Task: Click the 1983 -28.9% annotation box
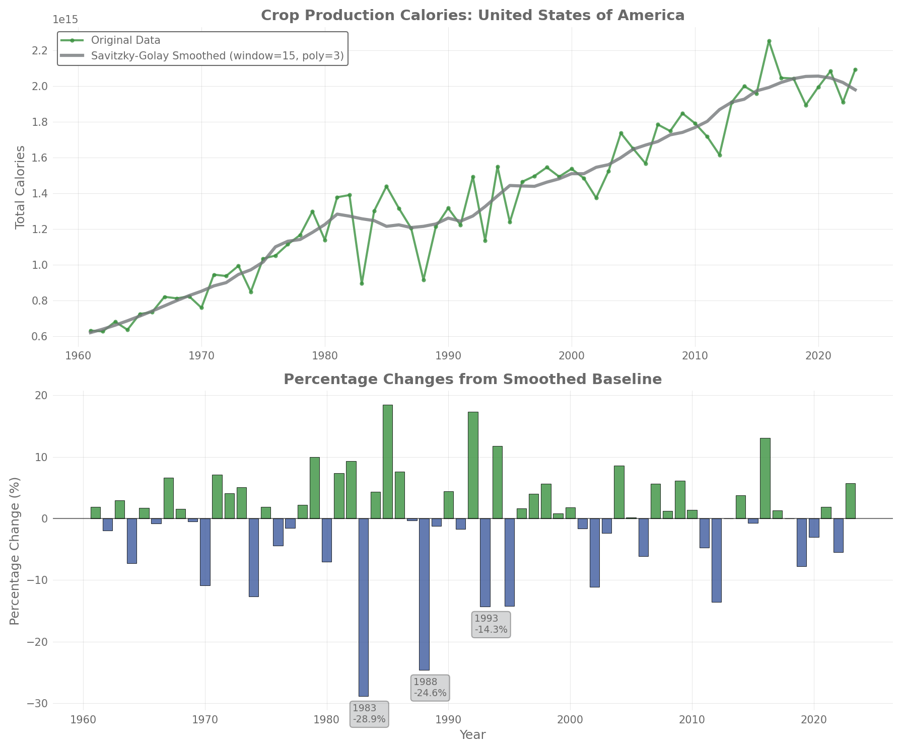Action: pos(369,714)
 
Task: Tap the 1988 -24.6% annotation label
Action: pos(430,688)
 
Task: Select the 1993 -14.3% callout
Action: pos(491,624)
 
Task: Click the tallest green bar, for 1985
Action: pos(387,461)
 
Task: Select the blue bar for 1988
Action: pos(424,594)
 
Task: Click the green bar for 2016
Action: pos(765,478)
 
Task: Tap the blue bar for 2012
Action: pos(716,560)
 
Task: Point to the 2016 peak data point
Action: pos(769,41)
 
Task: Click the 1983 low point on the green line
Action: pos(362,283)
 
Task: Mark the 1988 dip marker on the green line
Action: pos(424,280)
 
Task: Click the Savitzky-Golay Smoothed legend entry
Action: pos(217,56)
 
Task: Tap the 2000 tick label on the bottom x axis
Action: pos(570,720)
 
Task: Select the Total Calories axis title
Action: pos(20,187)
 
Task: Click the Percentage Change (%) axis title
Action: pos(15,551)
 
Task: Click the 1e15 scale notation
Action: pos(65,20)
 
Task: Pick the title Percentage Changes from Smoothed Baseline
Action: pos(472,380)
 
